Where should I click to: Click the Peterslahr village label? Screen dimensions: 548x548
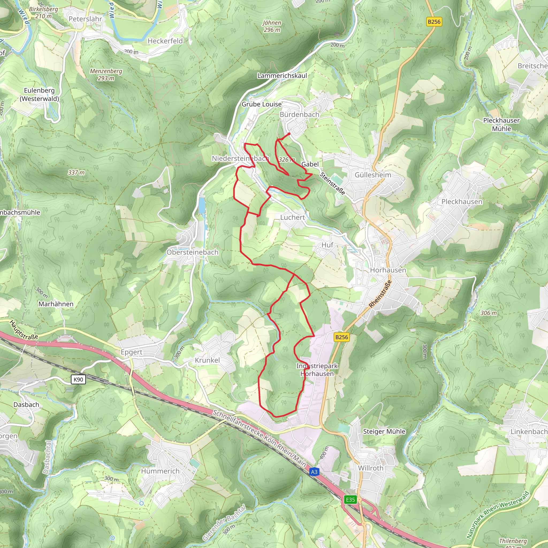click(85, 19)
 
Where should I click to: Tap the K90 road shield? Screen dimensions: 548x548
click(78, 379)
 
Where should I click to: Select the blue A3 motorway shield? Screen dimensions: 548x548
click(314, 472)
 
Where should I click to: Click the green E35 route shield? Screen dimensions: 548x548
click(350, 500)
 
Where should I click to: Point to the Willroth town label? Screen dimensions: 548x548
click(370, 468)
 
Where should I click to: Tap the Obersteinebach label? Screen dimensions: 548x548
click(192, 252)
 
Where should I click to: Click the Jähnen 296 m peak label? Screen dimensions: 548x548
click(272, 26)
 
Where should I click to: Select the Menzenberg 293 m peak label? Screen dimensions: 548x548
click(106, 75)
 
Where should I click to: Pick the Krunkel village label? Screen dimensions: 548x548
click(207, 360)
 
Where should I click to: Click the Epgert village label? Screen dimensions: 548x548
click(131, 352)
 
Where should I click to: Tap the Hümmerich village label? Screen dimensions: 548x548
click(160, 471)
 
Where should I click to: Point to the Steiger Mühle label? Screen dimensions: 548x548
click(384, 431)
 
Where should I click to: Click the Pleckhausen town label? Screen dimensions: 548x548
click(462, 202)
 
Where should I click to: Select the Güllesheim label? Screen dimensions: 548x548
click(373, 175)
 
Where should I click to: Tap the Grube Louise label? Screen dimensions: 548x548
click(261, 104)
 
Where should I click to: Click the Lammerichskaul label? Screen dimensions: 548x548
click(282, 76)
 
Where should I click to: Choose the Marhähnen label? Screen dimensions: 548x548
click(56, 304)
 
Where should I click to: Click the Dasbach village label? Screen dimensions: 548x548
click(26, 405)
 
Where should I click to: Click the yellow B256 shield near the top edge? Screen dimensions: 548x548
click(434, 22)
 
